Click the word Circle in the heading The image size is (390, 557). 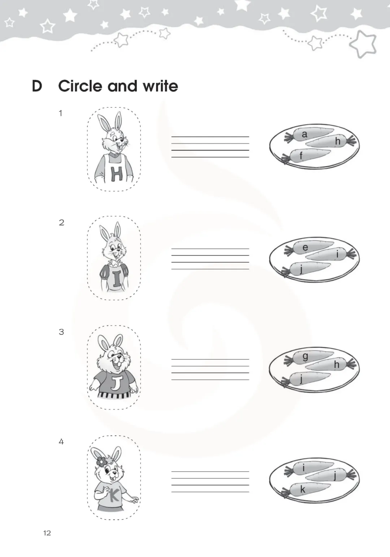[80, 86]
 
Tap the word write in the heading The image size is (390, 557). [160, 86]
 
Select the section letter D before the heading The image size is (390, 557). [37, 86]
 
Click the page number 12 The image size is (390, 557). [47, 533]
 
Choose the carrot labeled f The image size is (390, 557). [306, 156]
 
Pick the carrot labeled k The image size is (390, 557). [306, 489]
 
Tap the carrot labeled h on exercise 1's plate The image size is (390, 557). [330, 141]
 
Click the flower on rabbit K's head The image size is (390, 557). [101, 462]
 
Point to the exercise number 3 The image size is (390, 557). [61, 332]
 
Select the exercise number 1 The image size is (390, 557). [60, 113]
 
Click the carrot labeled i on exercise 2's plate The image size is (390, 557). [330, 254]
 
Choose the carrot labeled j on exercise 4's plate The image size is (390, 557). [330, 476]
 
